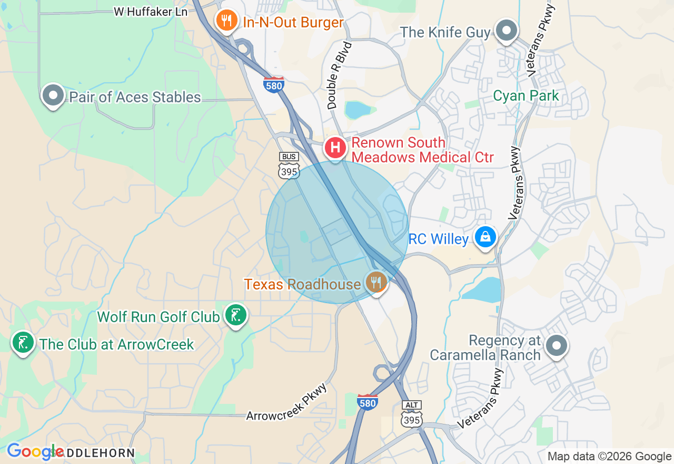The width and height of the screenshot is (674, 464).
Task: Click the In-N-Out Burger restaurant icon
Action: click(226, 21)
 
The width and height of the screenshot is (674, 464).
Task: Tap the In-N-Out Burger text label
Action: click(293, 23)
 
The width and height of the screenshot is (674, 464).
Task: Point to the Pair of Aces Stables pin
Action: click(53, 95)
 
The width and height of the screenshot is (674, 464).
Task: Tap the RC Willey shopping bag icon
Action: click(485, 237)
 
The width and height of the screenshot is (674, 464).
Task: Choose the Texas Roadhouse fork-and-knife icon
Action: click(376, 282)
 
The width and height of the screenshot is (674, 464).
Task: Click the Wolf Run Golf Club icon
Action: click(235, 315)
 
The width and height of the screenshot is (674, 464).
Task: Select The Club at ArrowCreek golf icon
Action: click(23, 343)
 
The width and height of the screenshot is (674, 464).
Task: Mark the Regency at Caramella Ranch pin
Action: click(556, 346)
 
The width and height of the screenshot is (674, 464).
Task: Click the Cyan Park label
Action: click(526, 96)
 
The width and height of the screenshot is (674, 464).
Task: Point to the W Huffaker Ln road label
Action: click(151, 12)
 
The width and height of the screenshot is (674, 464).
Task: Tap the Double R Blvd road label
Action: click(339, 75)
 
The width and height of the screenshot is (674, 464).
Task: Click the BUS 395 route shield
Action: click(289, 166)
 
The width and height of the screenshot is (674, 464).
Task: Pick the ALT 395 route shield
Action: click(411, 414)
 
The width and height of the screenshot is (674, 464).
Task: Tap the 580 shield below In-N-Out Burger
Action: click(274, 84)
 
